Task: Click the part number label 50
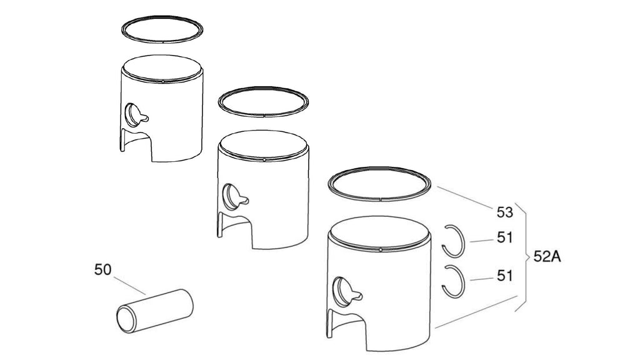[x=102, y=269]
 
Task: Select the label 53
[x=504, y=212]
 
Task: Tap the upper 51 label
[x=504, y=237]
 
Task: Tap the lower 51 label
[x=504, y=276]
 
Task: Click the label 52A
[x=547, y=257]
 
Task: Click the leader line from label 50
[x=129, y=285]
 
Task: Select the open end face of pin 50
[x=125, y=319]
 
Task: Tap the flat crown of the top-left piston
[x=162, y=67]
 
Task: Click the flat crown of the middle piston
[x=263, y=144]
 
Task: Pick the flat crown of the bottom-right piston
[x=379, y=231]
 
